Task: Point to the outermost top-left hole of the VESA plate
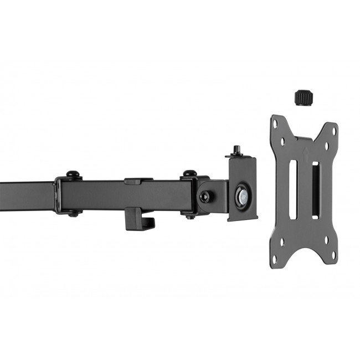275,124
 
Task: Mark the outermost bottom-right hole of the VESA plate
334,255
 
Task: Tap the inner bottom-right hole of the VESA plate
326,240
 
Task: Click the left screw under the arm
73,214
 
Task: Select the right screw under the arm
191,216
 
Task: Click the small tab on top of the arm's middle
138,181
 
